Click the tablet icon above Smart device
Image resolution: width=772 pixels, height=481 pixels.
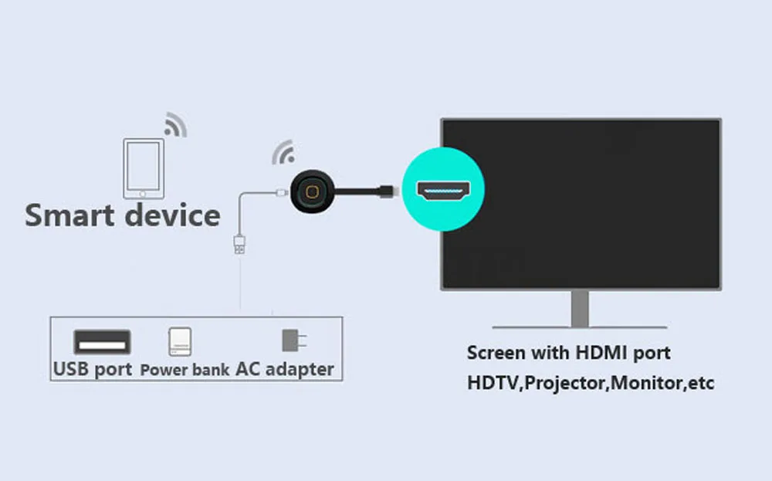point(144,168)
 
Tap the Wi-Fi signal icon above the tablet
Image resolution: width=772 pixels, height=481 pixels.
point(175,125)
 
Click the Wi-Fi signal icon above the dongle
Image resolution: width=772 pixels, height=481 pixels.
point(284,153)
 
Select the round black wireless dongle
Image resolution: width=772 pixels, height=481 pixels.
point(312,191)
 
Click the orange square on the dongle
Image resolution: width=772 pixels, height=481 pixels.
point(312,191)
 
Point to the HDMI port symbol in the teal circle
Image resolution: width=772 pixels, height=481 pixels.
point(443,191)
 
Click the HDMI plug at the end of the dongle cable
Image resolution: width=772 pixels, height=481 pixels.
point(387,191)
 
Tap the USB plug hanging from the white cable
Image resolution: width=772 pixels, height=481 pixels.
point(240,244)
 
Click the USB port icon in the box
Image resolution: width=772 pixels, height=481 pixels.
point(102,342)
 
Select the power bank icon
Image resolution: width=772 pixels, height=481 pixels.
point(180,342)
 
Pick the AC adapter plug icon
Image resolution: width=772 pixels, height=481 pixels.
point(293,340)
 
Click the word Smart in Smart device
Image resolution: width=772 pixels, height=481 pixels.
point(69,215)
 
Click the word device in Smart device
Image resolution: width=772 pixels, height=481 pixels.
point(172,215)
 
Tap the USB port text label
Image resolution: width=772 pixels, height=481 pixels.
point(93,369)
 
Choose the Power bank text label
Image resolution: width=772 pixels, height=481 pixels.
point(185,370)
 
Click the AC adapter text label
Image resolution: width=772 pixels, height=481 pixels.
point(285,369)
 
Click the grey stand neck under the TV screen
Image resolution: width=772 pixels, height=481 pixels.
point(580,308)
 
